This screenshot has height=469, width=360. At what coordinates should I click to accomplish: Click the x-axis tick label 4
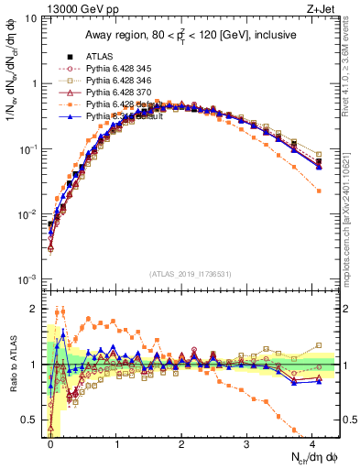click(312, 443)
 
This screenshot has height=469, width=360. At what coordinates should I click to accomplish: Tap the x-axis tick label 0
click(51, 443)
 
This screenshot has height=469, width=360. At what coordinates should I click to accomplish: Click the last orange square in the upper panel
click(318, 190)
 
